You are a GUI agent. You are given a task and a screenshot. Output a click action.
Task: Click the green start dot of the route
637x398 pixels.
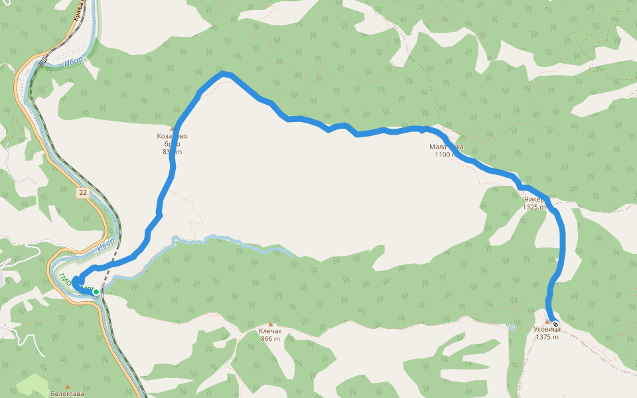coord(96,292)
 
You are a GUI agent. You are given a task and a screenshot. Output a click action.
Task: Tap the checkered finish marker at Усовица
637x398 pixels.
coord(555,324)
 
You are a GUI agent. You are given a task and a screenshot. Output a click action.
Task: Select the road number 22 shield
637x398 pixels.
coord(82,193)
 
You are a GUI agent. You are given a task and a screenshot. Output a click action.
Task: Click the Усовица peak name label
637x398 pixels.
coord(547,329)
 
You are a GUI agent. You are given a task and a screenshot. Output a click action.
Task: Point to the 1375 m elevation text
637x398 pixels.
coord(547,337)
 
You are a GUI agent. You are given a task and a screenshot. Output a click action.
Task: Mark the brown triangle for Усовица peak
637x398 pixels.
coord(547,322)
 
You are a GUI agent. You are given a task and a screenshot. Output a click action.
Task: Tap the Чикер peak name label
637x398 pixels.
coord(533,199)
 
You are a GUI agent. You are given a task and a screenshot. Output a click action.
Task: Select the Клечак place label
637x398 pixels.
coord(270,331)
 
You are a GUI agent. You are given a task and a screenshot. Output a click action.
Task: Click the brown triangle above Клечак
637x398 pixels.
coord(270,324)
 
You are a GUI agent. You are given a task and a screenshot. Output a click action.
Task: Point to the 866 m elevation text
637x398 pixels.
coord(270,339)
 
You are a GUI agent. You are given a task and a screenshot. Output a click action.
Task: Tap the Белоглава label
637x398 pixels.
coord(68,393)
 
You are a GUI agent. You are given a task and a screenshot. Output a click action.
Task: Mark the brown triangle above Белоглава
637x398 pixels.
coord(68,385)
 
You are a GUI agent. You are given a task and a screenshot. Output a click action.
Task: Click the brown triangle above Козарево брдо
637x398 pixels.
coord(172,128)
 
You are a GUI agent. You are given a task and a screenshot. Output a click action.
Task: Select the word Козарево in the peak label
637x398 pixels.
coord(172,137)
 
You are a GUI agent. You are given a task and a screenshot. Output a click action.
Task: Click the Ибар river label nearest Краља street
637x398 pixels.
coord(74,61)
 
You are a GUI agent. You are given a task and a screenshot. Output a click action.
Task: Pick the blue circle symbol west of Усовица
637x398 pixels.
coord(512,326)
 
